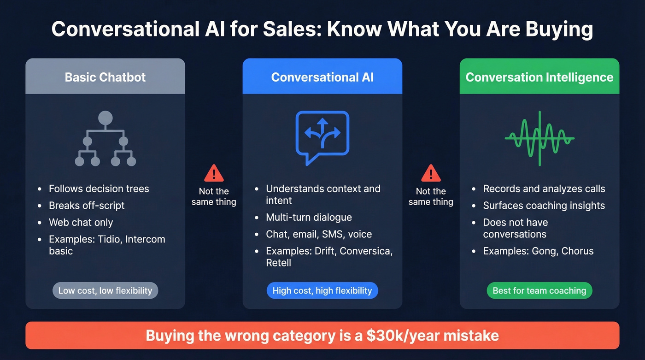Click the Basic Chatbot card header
pyautogui.click(x=105, y=77)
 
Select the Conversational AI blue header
pyautogui.click(x=322, y=77)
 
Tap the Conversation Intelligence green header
pyautogui.click(x=539, y=77)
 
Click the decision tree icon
pyautogui.click(x=105, y=139)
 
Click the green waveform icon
pyautogui.click(x=539, y=138)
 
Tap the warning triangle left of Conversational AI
pyautogui.click(x=214, y=173)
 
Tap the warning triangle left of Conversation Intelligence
pyautogui.click(x=431, y=173)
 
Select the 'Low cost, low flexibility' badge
pyautogui.click(x=105, y=291)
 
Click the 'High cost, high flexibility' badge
pyautogui.click(x=322, y=291)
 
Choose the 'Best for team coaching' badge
pyautogui.click(x=539, y=291)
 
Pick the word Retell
pyautogui.click(x=279, y=263)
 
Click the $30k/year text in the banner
pyautogui.click(x=402, y=335)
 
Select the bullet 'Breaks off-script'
pyautogui.click(x=87, y=206)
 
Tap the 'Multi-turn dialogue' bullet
pyautogui.click(x=309, y=218)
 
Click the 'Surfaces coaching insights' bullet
pyautogui.click(x=544, y=206)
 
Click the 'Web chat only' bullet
pyautogui.click(x=81, y=222)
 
